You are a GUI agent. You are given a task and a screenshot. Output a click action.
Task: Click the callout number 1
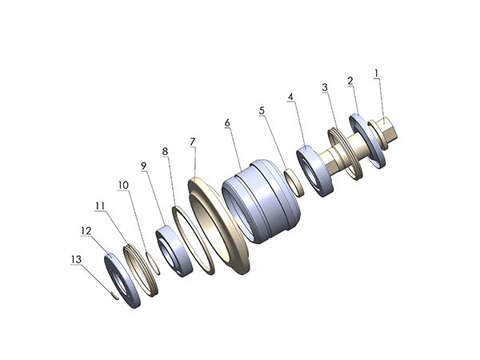[376, 74]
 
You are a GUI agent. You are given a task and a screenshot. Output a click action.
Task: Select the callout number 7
[193, 141]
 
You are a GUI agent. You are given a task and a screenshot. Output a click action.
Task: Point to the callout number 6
[227, 123]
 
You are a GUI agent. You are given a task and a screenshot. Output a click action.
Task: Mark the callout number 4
[291, 97]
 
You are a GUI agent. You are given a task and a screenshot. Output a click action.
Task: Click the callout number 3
[325, 86]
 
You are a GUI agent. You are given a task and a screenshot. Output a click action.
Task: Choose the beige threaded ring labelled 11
[142, 265]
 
